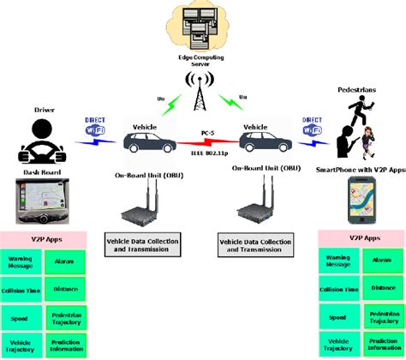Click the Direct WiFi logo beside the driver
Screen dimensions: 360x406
96,127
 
